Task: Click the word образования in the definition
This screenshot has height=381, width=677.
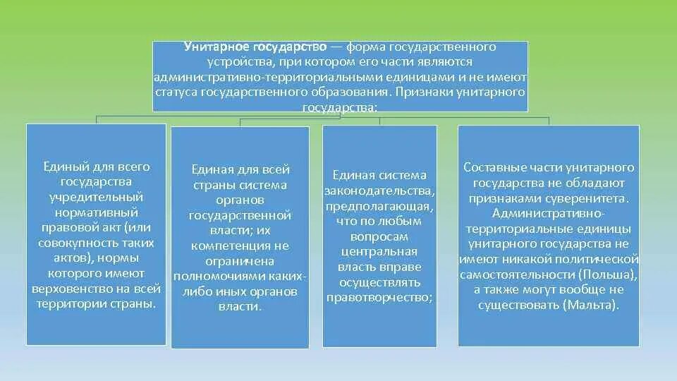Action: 348,92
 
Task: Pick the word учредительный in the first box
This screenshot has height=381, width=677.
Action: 97,197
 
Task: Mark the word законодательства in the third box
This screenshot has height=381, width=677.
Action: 379,190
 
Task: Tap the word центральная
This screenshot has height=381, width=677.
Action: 379,251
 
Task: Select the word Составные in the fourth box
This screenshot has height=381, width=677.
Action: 491,168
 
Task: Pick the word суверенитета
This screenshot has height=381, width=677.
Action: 590,199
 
